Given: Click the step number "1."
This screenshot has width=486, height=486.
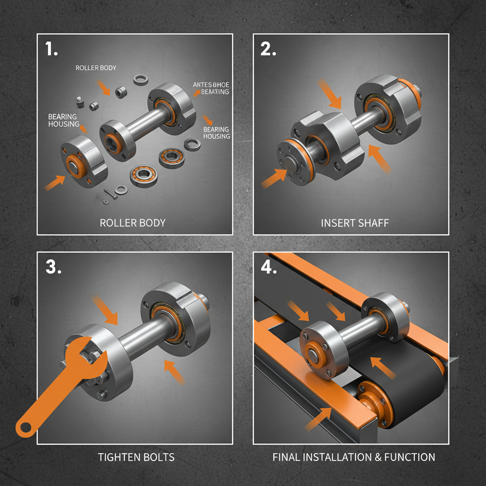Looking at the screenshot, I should click(52, 50).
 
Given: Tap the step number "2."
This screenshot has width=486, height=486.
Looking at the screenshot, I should click(268, 50).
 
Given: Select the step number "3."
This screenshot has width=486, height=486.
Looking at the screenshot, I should click(53, 268).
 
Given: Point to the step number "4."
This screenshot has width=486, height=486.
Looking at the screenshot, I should click(269, 268).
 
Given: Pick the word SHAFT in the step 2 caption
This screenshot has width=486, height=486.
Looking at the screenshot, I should click(372, 223).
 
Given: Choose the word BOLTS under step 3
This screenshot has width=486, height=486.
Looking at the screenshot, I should click(159, 458).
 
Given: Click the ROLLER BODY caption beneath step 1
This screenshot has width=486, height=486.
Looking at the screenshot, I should click(133, 223).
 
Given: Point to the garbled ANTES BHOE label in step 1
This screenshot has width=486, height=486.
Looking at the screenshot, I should click(211, 85).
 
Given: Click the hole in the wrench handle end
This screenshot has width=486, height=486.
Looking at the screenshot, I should click(25, 427).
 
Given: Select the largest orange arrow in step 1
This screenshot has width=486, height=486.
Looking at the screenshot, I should click(55, 182).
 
